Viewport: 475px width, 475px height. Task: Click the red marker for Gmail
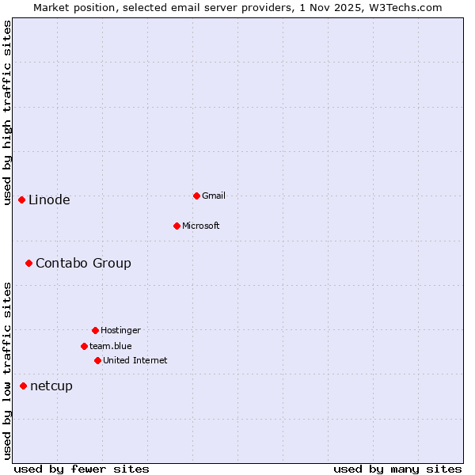pyautogui.click(x=196, y=196)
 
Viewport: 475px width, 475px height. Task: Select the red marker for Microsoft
pyautogui.click(x=177, y=226)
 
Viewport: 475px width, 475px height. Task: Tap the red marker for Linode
pyautogui.click(x=21, y=199)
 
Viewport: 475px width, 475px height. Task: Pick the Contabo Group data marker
pyautogui.click(x=28, y=263)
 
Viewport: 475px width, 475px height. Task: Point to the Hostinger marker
pyautogui.click(x=95, y=330)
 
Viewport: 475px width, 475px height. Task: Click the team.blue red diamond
pyautogui.click(x=84, y=346)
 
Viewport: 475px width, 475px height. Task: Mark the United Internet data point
pyautogui.click(x=97, y=360)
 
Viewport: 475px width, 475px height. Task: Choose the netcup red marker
pyautogui.click(x=23, y=386)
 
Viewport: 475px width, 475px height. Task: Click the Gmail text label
pyautogui.click(x=214, y=196)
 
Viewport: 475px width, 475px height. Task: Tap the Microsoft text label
pyautogui.click(x=201, y=226)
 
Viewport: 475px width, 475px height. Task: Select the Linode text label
pyautogui.click(x=49, y=199)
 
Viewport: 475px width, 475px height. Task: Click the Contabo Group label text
pyautogui.click(x=83, y=263)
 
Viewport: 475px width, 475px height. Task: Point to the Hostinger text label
pyautogui.click(x=120, y=330)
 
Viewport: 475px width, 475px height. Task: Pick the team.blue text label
pyautogui.click(x=111, y=346)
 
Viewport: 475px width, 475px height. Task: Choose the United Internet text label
pyautogui.click(x=135, y=360)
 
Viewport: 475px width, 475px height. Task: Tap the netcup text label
pyautogui.click(x=51, y=386)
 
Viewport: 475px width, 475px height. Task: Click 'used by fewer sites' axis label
pyautogui.click(x=82, y=469)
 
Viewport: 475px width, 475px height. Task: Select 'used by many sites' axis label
pyautogui.click(x=397, y=469)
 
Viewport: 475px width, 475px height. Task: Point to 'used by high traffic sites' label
pyautogui.click(x=7, y=112)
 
